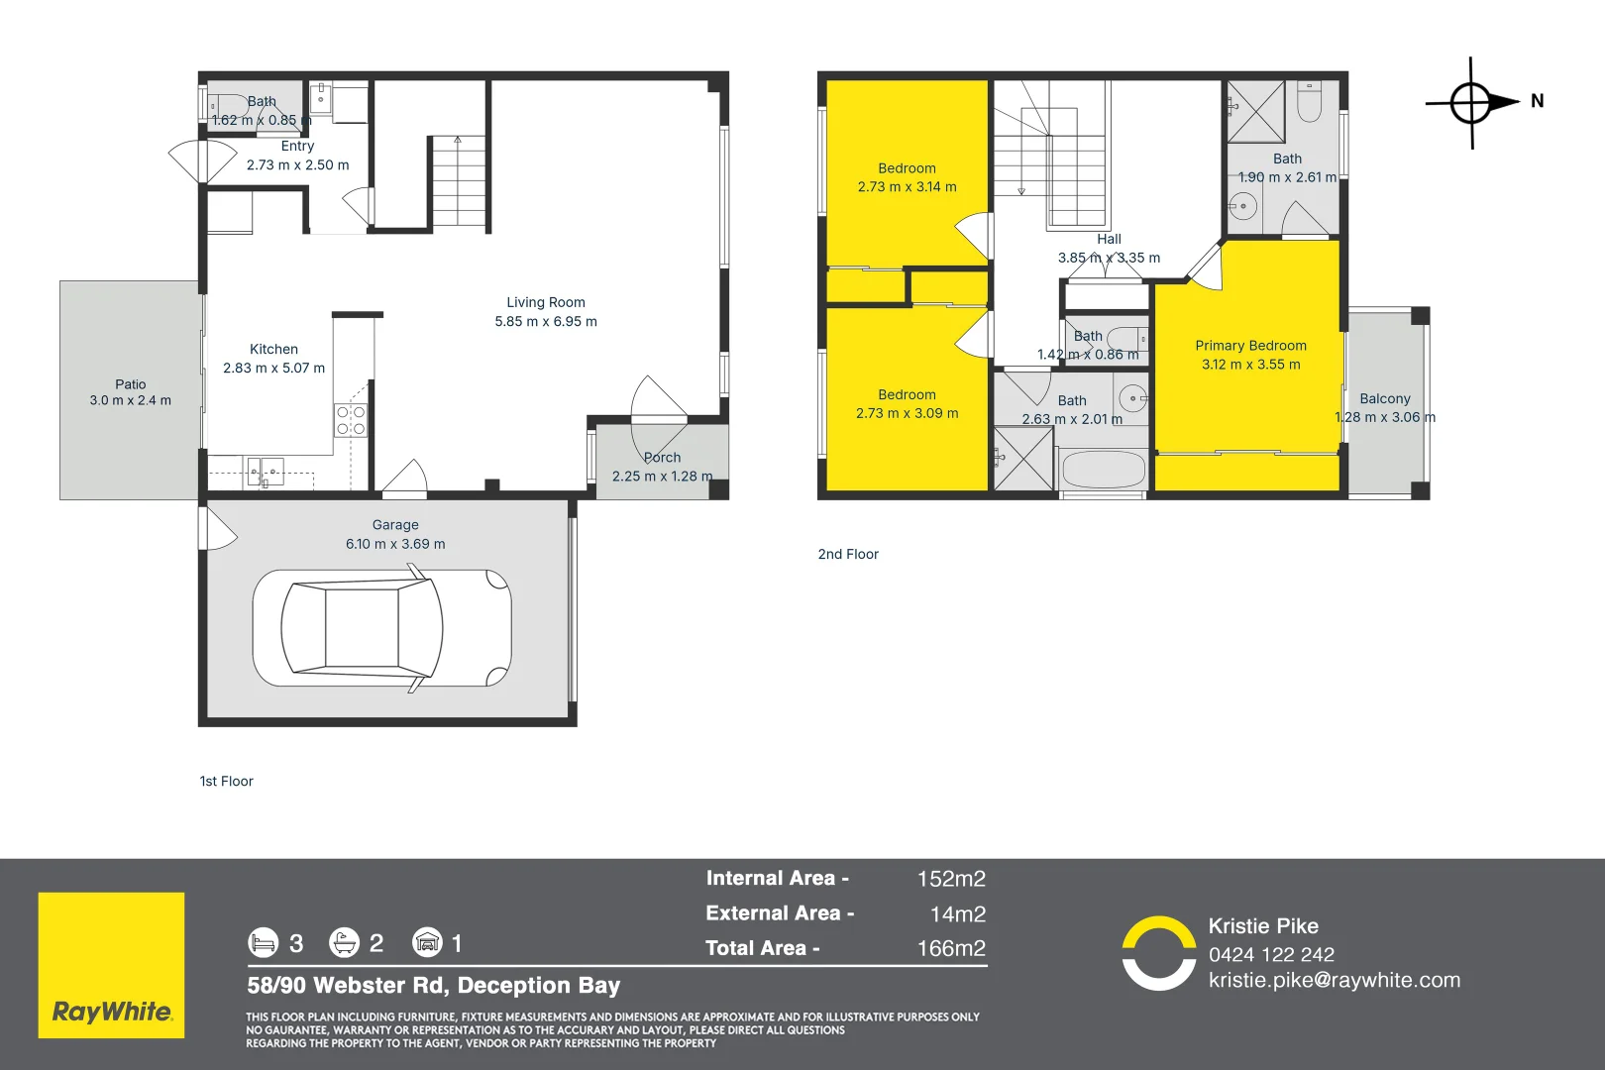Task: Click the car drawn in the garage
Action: click(x=381, y=627)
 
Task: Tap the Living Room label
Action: click(x=546, y=302)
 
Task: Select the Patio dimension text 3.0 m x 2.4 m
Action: click(x=130, y=400)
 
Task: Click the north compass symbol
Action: click(x=1472, y=102)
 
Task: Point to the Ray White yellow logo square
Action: click(x=111, y=965)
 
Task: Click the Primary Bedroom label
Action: click(x=1250, y=346)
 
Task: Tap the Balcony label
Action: click(x=1384, y=398)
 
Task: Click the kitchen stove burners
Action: click(x=350, y=420)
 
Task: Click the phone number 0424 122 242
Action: click(x=1271, y=954)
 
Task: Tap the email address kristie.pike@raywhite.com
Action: click(x=1334, y=980)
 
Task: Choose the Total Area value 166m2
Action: click(x=951, y=948)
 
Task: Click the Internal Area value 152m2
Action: click(x=951, y=879)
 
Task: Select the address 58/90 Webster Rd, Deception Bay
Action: click(x=434, y=986)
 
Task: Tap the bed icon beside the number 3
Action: click(x=263, y=942)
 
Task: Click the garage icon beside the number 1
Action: click(x=427, y=942)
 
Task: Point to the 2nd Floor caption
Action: click(x=848, y=554)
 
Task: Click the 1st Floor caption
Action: click(x=227, y=781)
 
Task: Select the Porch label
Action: click(x=662, y=458)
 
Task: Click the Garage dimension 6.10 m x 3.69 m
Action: click(x=395, y=544)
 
